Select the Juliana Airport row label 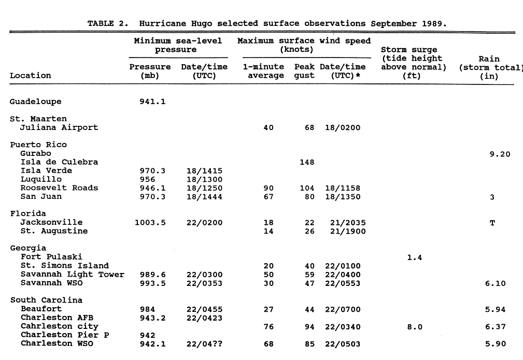[59, 127]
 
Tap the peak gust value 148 [307, 162]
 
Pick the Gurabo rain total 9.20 [500, 154]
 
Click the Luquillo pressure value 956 [147, 180]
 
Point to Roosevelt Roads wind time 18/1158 [343, 188]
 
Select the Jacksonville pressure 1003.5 [150, 223]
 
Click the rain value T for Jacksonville [492, 223]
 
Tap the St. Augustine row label [54, 231]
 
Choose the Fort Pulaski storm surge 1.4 [414, 257]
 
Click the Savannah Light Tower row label [72, 275]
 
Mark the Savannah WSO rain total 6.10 [496, 283]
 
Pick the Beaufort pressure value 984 [147, 309]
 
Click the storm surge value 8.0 [414, 327]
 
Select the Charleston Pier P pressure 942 [147, 335]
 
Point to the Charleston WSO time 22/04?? [204, 344]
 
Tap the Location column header [30, 76]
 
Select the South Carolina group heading [46, 300]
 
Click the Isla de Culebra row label [59, 162]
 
